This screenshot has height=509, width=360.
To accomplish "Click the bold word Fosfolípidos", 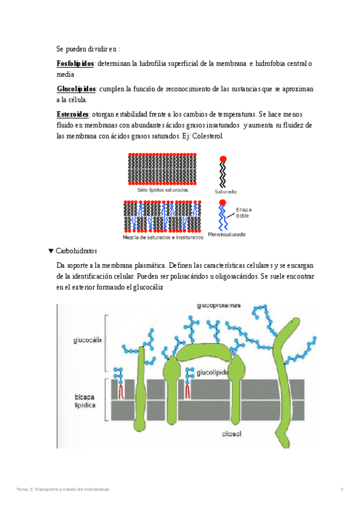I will pos(75,64).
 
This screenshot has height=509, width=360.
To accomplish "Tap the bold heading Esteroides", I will pos(73,114).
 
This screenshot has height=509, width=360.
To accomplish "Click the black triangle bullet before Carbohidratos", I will pos(50,250).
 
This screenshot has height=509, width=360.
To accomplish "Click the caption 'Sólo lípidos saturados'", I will pos(162,190).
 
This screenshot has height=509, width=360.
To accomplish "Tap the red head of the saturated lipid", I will pos(223,159).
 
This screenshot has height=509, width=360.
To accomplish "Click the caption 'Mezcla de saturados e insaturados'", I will pos(163,237).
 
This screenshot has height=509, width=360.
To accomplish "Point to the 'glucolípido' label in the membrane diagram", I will pos(212,373).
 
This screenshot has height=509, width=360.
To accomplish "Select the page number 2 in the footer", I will pos(341,490).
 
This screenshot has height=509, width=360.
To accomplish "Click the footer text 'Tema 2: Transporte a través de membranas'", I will pos(62,490).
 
